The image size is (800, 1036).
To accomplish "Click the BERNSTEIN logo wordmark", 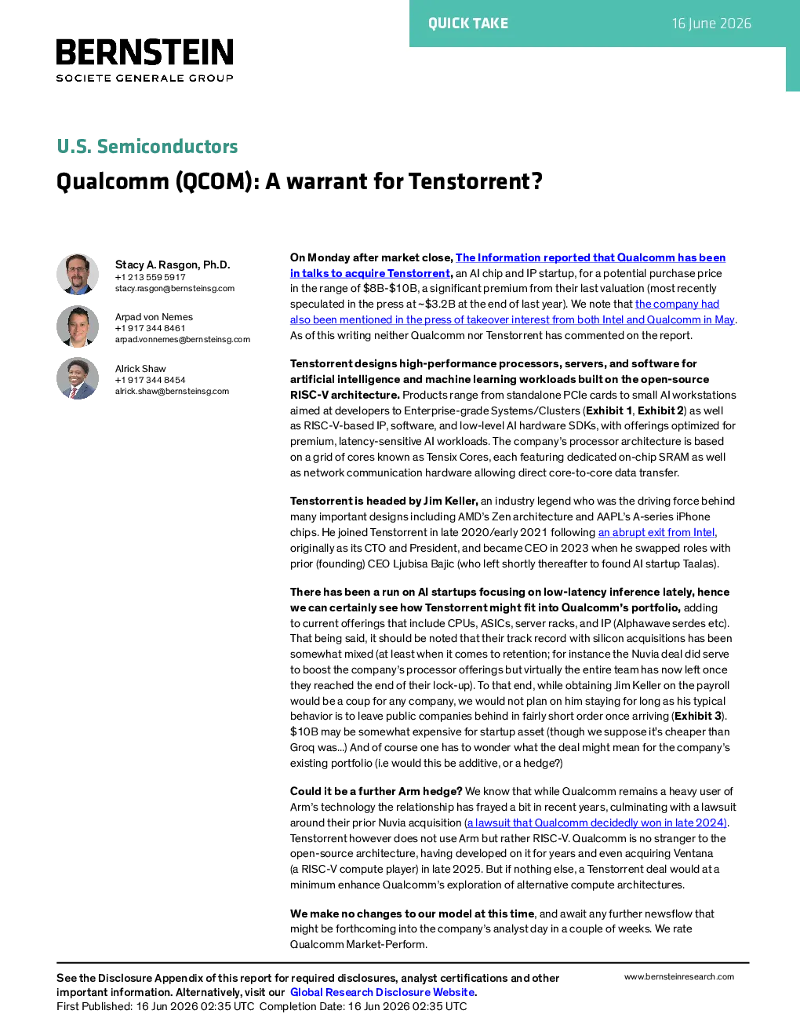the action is pos(145,52).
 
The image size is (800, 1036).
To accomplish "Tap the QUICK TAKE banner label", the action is pos(468,24).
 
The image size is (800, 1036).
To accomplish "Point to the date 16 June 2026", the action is pos(711,24).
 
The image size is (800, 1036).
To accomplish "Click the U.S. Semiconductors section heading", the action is pos(147,146).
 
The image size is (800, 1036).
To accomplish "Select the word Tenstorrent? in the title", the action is pos(475,181).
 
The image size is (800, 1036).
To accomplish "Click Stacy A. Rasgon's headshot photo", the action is pos(78,274).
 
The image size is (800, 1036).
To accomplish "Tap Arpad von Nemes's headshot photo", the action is pos(78,326).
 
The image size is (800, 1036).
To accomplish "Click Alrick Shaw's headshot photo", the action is pos(78,378).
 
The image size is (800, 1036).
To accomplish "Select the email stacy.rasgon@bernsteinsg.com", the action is pos(175,289).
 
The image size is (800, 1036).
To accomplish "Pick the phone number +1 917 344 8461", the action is pos(150,328).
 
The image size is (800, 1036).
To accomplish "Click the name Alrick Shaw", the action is pos(140,369).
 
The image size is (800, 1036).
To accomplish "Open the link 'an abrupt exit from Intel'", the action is pos(656,533).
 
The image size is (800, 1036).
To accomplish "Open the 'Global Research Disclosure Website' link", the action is pos(383,992).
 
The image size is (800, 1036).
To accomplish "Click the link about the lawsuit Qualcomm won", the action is pos(597,823).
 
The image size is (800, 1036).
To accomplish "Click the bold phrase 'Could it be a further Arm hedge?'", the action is pos(376,791).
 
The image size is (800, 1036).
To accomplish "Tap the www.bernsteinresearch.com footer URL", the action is pos(679,976).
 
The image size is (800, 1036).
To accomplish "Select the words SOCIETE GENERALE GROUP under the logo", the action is pos(145,78).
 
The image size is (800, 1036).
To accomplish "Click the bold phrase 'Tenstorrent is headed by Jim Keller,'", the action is pos(384,501).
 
